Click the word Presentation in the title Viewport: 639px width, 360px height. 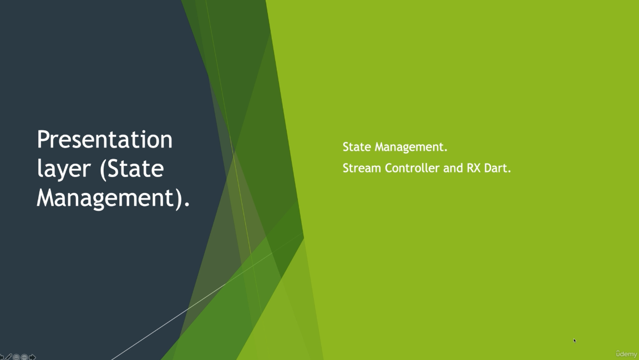pos(105,139)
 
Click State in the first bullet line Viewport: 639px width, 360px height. pos(357,147)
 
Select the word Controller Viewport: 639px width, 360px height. pos(412,168)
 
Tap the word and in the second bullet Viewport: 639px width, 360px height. pos(453,168)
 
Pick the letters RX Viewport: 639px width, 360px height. pos(474,168)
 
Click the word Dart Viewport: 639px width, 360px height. pos(497,168)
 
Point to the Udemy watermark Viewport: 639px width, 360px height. pos(626,354)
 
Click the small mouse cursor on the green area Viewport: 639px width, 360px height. pos(575,341)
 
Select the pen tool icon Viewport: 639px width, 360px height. pos(8,357)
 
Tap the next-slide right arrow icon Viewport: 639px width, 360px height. pos(32,357)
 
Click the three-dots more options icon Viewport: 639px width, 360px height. pos(24,357)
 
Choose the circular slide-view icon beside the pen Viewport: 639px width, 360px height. pos(16,357)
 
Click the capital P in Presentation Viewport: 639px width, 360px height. pos(43,139)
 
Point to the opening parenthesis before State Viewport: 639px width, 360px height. pos(103,169)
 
